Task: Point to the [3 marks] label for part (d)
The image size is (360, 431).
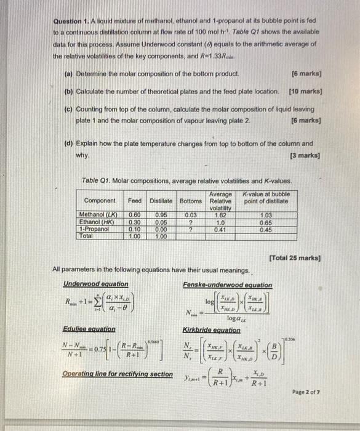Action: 306,156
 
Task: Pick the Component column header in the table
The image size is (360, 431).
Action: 99,201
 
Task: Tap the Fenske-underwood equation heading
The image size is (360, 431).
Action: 227,285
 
